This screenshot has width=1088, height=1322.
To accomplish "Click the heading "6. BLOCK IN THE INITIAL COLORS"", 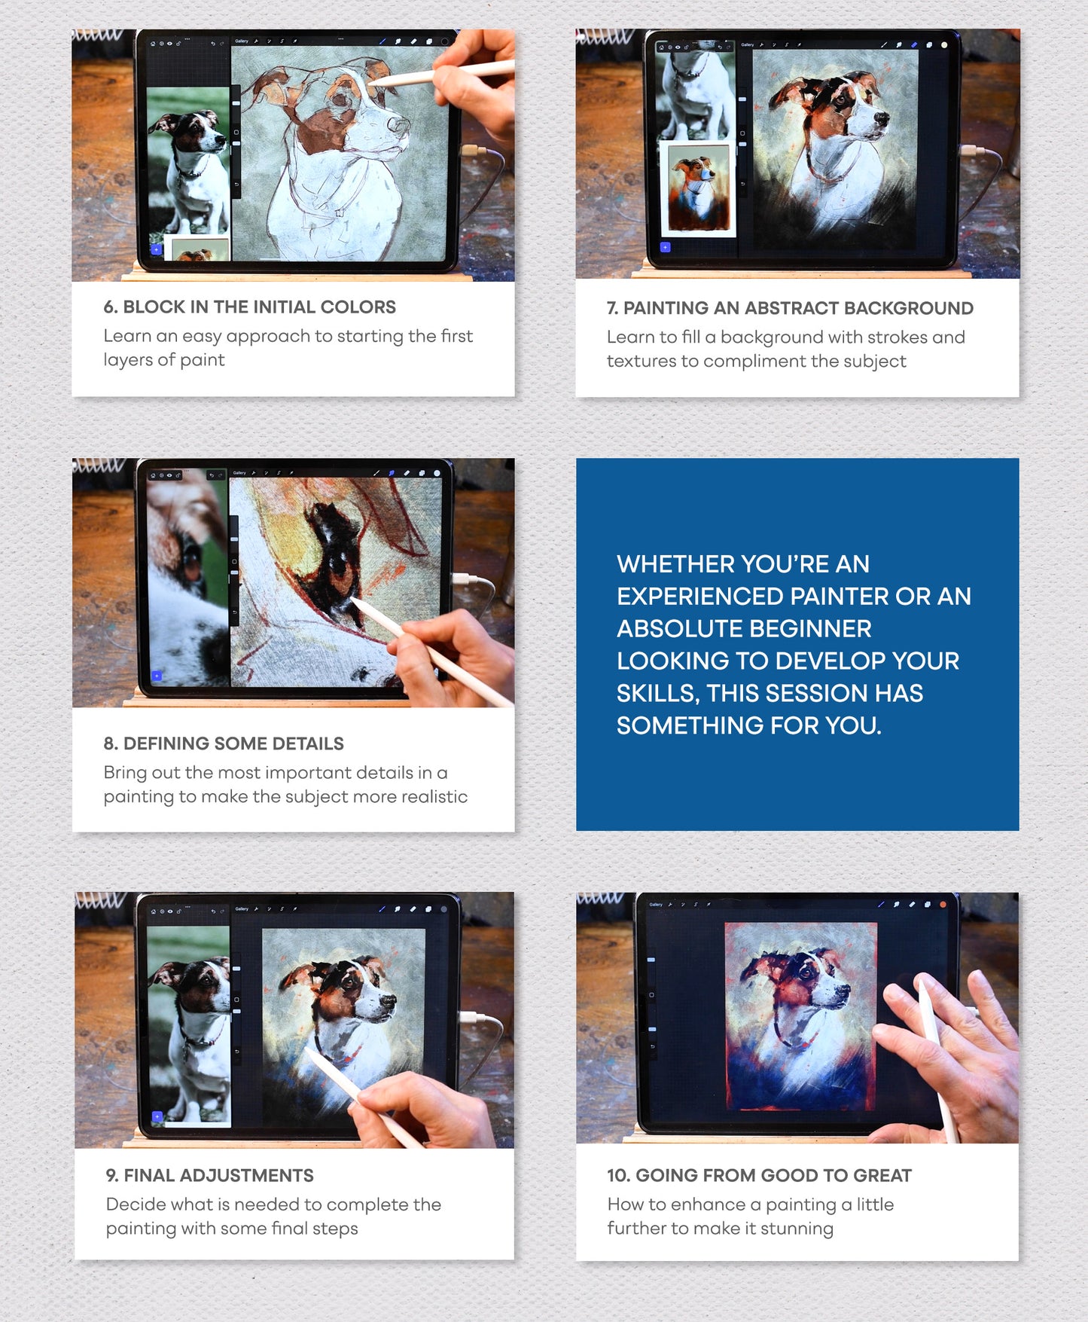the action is pyautogui.click(x=249, y=307).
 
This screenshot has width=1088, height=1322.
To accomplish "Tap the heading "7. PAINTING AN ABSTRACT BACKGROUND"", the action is pyautogui.click(x=790, y=308).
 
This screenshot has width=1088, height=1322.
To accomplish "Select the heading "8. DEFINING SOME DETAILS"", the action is pyautogui.click(x=224, y=743).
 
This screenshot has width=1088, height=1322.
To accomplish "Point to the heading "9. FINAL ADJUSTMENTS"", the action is pyautogui.click(x=210, y=1176).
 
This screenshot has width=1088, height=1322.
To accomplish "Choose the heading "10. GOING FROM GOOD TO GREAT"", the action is pyautogui.click(x=759, y=1176).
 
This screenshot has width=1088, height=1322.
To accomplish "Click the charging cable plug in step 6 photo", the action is pyautogui.click(x=472, y=151).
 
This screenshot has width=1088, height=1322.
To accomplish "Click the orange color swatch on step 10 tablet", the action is pyautogui.click(x=943, y=904).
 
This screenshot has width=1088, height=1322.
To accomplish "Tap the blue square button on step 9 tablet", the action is pyautogui.click(x=157, y=1116).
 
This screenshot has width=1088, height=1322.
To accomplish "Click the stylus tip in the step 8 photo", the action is pyautogui.click(x=352, y=600).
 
